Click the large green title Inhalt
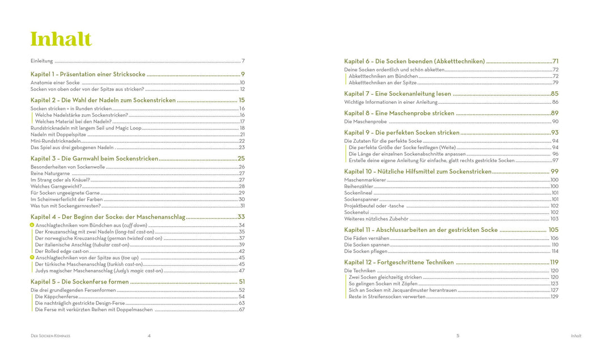pos(61,39)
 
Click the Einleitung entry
pos(42,61)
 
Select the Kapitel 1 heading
pos(88,74)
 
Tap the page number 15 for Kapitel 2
pos(241,100)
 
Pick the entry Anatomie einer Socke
pos(55,82)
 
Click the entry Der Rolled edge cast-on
pos(62,251)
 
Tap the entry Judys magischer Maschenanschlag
pos(99,270)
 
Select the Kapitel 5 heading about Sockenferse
pos(79,282)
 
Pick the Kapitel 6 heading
pos(414,61)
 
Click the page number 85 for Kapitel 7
pos(554,94)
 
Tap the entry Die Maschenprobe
pos(365,121)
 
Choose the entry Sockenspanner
pos(361,199)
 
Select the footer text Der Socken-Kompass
pos(50,336)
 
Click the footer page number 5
pos(458,336)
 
